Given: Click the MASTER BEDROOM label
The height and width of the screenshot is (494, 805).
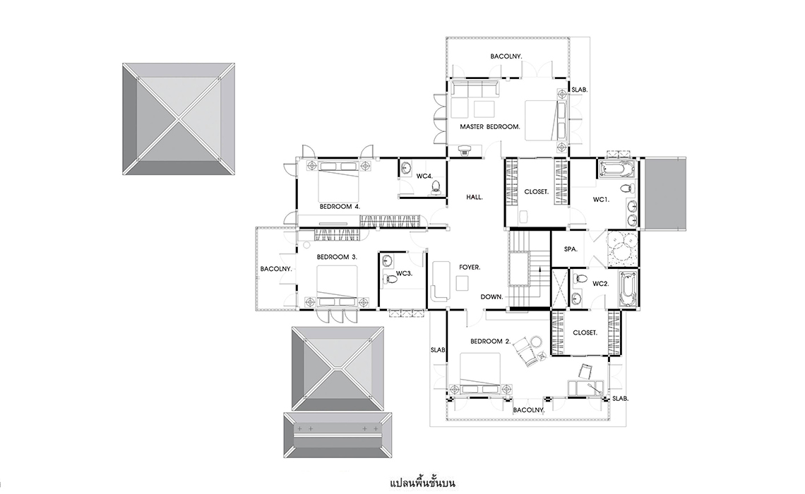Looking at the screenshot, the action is (x=490, y=127).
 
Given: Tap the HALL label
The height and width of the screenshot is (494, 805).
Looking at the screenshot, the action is (x=475, y=197).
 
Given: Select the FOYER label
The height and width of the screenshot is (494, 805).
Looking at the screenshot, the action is (x=470, y=267).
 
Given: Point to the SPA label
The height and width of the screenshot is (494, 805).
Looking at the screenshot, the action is (x=571, y=249).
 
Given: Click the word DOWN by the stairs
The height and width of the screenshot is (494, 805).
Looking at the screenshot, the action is (x=492, y=297).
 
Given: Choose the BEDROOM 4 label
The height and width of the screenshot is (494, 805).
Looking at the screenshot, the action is (x=340, y=207).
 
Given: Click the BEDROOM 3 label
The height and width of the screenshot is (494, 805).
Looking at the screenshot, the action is (x=337, y=256).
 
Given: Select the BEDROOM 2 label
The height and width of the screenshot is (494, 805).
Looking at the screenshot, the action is (x=490, y=342).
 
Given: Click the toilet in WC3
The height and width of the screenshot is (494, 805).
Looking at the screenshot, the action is (x=390, y=279).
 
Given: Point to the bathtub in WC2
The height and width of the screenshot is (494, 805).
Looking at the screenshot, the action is (x=628, y=289).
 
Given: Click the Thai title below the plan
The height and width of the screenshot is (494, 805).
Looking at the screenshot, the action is (x=422, y=483).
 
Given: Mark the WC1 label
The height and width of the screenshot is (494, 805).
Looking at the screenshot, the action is (x=601, y=200).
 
